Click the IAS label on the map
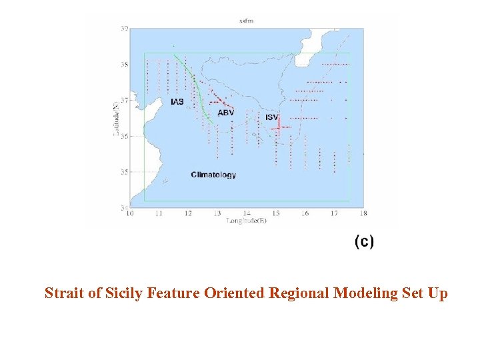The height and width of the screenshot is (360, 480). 177,102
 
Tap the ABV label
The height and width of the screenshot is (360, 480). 226,113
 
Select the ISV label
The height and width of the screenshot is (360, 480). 271,117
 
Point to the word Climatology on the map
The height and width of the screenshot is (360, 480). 213,175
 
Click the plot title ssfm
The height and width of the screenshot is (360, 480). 246,21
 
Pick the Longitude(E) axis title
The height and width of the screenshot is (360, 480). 247,220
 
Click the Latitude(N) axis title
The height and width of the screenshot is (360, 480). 117,119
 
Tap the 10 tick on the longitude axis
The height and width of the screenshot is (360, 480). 129,213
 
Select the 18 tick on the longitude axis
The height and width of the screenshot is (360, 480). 363,213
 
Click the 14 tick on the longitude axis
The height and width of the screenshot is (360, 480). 246,213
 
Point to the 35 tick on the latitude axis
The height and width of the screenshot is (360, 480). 124,172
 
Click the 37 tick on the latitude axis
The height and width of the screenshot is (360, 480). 124,100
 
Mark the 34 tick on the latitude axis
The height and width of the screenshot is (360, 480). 124,208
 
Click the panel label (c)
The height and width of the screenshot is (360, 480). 364,241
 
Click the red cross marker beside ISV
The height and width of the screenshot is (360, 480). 277,127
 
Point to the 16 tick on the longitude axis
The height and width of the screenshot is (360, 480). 305,213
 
